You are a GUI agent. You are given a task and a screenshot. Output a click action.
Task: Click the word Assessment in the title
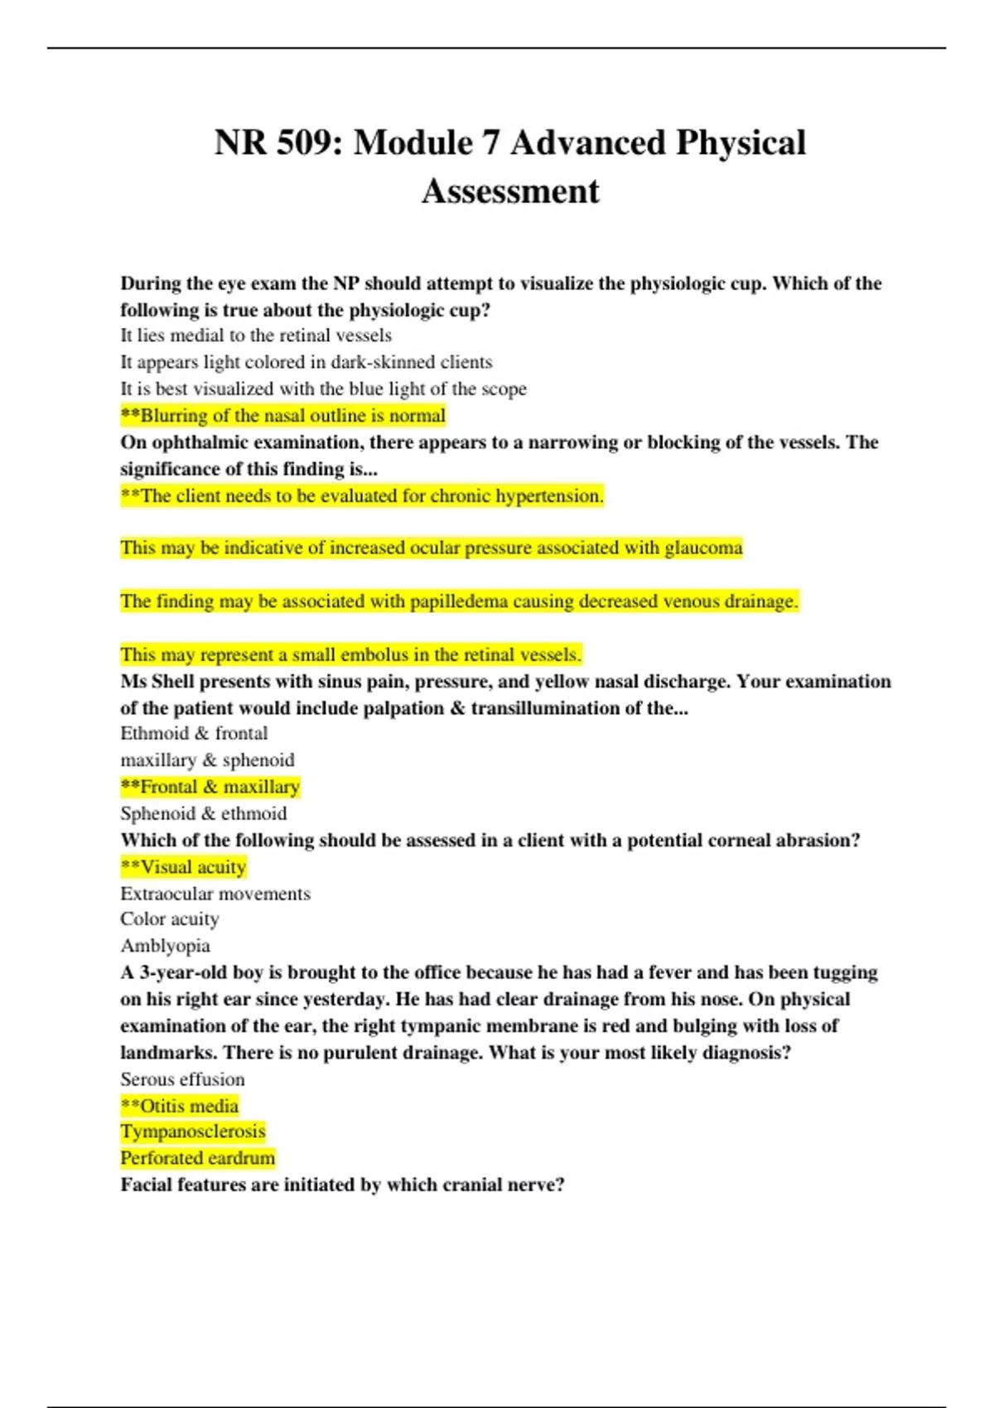510,191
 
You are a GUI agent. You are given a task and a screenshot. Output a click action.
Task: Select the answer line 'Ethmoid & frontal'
194,733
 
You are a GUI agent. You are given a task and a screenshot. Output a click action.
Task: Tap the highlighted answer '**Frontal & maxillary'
210,787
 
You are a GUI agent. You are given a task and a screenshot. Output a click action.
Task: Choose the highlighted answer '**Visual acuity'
183,867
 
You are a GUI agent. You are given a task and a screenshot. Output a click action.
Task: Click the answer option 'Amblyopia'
165,946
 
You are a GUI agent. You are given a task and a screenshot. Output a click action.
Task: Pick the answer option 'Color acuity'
170,919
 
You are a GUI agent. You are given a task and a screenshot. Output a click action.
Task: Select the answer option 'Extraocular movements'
215,894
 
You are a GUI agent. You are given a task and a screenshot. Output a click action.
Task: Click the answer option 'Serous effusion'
182,1079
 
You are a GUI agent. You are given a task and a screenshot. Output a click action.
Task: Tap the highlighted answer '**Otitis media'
180,1106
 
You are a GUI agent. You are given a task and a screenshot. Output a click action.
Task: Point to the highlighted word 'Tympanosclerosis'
193,1131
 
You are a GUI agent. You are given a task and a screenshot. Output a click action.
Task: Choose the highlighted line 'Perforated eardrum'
197,1158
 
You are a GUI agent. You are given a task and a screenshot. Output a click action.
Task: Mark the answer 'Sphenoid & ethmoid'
204,813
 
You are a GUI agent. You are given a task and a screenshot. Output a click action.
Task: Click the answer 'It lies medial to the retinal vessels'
256,335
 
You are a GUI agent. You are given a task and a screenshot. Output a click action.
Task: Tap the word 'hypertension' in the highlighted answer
549,496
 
